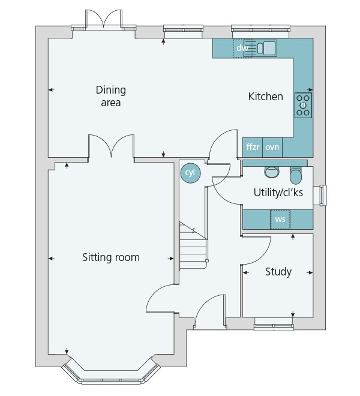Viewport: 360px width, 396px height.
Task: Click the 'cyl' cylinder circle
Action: tap(190, 173)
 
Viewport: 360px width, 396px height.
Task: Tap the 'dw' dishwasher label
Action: tap(242, 48)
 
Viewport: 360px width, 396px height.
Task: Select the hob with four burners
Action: tap(303, 105)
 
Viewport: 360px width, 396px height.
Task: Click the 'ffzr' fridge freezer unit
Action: tap(253, 147)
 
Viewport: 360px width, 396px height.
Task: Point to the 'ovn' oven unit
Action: tap(272, 147)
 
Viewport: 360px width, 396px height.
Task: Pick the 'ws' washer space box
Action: tap(280, 219)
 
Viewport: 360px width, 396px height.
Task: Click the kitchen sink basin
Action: tap(269, 48)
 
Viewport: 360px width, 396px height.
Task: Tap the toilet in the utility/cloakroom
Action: tap(296, 175)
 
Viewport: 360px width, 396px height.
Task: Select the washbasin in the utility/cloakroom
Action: tap(272, 172)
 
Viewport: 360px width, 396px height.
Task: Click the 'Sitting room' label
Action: tap(111, 257)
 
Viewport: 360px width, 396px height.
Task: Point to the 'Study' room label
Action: tap(278, 272)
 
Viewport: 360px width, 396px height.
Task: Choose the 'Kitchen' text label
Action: tap(266, 97)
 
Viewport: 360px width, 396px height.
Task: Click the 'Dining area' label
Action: tap(111, 96)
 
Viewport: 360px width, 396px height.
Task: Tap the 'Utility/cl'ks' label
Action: tap(278, 193)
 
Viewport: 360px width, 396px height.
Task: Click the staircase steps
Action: tap(193, 245)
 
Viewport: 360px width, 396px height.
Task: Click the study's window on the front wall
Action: tap(274, 324)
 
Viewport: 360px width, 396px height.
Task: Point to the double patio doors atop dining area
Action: tap(104, 20)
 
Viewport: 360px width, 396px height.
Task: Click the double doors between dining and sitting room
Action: tap(111, 146)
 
